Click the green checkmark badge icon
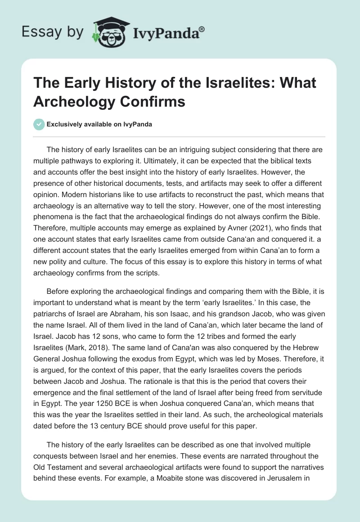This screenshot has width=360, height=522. (x=39, y=124)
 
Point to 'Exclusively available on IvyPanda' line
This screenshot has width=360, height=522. (x=99, y=124)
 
